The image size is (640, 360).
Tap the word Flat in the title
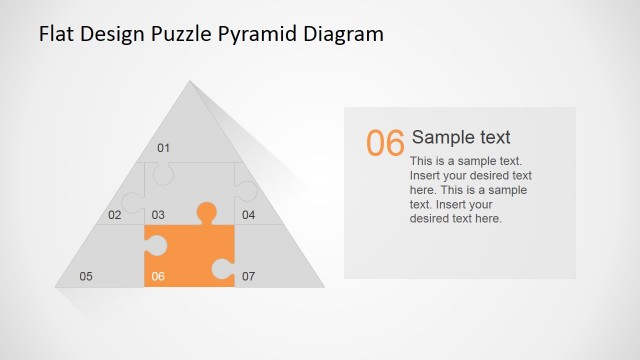click(x=56, y=34)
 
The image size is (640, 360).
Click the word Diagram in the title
click(x=342, y=34)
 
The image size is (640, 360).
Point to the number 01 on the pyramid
click(x=164, y=148)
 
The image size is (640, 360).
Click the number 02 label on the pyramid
click(x=115, y=215)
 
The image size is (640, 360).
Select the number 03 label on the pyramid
click(x=158, y=215)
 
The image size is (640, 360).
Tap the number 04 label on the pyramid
click(x=248, y=215)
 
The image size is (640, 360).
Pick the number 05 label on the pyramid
click(x=86, y=276)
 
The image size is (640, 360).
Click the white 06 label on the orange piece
click(x=158, y=276)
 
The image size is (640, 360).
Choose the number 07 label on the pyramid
click(x=248, y=276)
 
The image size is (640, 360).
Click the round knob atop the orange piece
click(x=206, y=211)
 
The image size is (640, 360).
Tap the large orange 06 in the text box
click(x=385, y=144)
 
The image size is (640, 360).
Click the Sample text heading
click(x=461, y=138)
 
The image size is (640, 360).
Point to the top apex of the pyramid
click(x=189, y=82)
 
